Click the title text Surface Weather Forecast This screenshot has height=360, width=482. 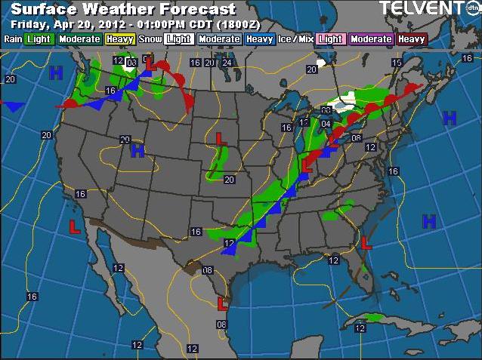tap(119, 10)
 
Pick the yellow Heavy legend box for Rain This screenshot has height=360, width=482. tap(120, 38)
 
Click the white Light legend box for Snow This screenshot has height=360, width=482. tap(179, 38)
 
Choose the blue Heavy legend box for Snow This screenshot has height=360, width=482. tap(259, 38)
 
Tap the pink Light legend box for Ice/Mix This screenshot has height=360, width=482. tap(331, 38)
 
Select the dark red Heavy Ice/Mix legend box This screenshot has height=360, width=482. tap(412, 38)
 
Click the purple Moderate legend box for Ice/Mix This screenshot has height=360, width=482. tap(371, 38)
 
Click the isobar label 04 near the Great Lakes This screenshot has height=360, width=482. tap(326, 123)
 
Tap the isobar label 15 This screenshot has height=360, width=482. tap(397, 62)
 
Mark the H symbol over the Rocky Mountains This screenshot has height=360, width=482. tap(137, 150)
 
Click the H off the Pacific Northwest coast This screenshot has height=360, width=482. tap(55, 72)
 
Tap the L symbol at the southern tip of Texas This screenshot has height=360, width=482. tap(223, 304)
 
